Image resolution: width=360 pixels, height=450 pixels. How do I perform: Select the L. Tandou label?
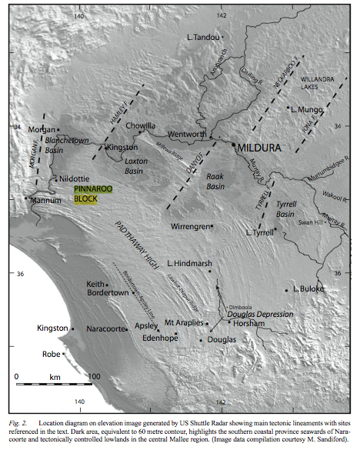coord(202,36)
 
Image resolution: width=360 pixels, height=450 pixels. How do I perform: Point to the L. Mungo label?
coord(306,111)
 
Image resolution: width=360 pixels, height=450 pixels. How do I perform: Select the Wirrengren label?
coord(189,226)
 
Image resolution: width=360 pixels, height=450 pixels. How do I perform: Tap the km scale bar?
coord(54,384)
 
